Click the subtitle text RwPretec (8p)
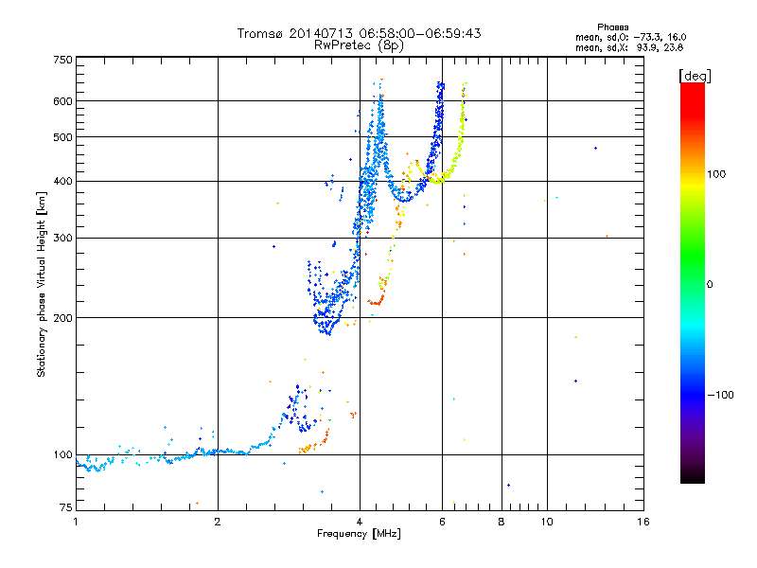coord(359,45)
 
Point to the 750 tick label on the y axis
coord(62,60)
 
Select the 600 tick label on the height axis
coord(62,101)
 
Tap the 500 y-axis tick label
coord(62,137)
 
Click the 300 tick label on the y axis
coord(62,238)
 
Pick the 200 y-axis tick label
coord(62,318)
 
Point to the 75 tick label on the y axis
coord(65,507)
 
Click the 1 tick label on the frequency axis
coord(76,522)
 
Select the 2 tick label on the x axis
coord(218,522)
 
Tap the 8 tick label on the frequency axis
coord(502,522)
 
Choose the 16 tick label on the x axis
coord(643,522)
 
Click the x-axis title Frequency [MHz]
coord(359,534)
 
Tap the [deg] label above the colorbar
coord(695,76)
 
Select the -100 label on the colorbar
coord(720,395)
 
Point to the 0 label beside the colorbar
coord(709,284)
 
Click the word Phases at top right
coord(612,27)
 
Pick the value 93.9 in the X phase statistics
coord(645,47)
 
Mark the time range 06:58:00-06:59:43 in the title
coord(420,33)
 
